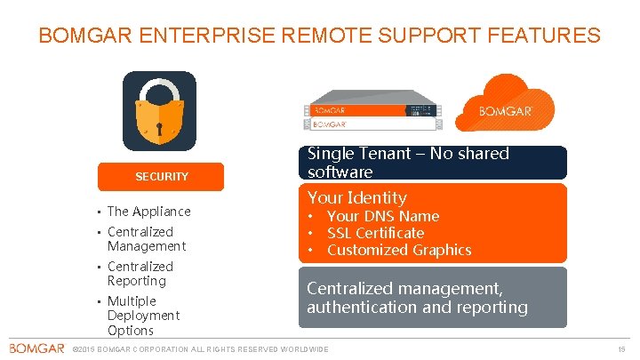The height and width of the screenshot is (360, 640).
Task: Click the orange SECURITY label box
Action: (161, 176)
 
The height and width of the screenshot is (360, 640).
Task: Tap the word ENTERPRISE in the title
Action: (207, 36)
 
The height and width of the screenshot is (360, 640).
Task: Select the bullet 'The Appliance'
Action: (148, 212)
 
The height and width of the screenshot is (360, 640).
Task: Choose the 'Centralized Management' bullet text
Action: (147, 239)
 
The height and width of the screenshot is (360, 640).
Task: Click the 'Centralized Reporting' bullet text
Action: (140, 274)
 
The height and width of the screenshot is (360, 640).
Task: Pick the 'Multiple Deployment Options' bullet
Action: (142, 316)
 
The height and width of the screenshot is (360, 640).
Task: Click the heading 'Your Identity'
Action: (356, 198)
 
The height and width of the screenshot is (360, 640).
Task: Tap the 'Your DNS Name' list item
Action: (382, 216)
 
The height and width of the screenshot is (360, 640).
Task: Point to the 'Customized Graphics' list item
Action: (398, 250)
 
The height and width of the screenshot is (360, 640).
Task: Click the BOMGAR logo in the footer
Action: (36, 348)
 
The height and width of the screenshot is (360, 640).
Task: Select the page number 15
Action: (622, 349)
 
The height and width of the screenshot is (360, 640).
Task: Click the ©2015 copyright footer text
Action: (200, 349)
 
